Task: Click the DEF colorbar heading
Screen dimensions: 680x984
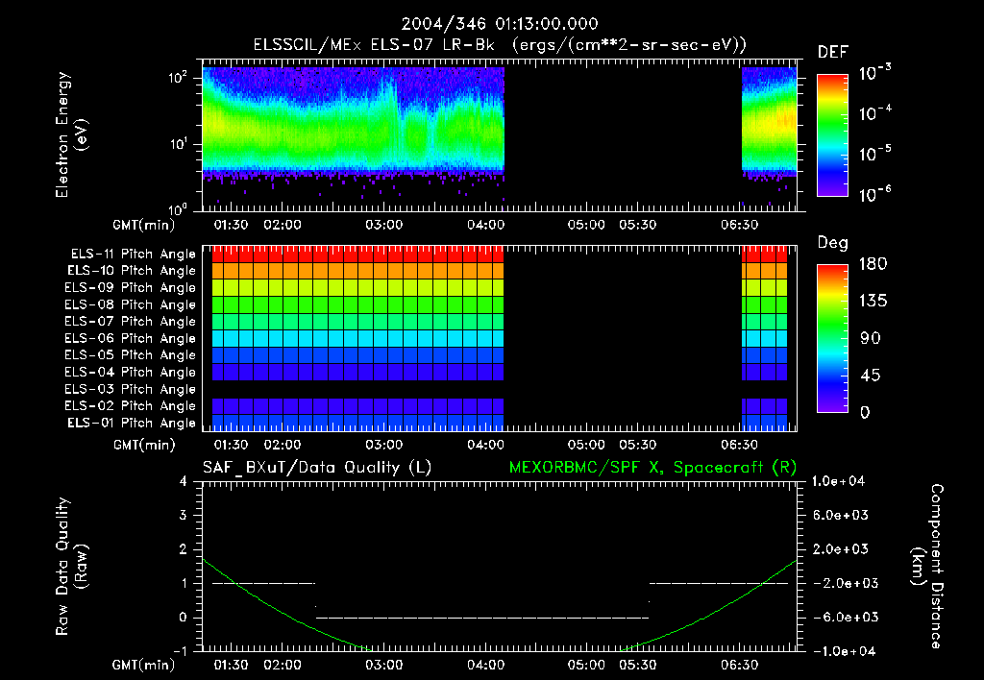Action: click(x=832, y=52)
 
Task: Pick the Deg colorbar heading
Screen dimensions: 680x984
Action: click(x=832, y=243)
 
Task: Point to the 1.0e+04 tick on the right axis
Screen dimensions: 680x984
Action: click(x=840, y=481)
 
